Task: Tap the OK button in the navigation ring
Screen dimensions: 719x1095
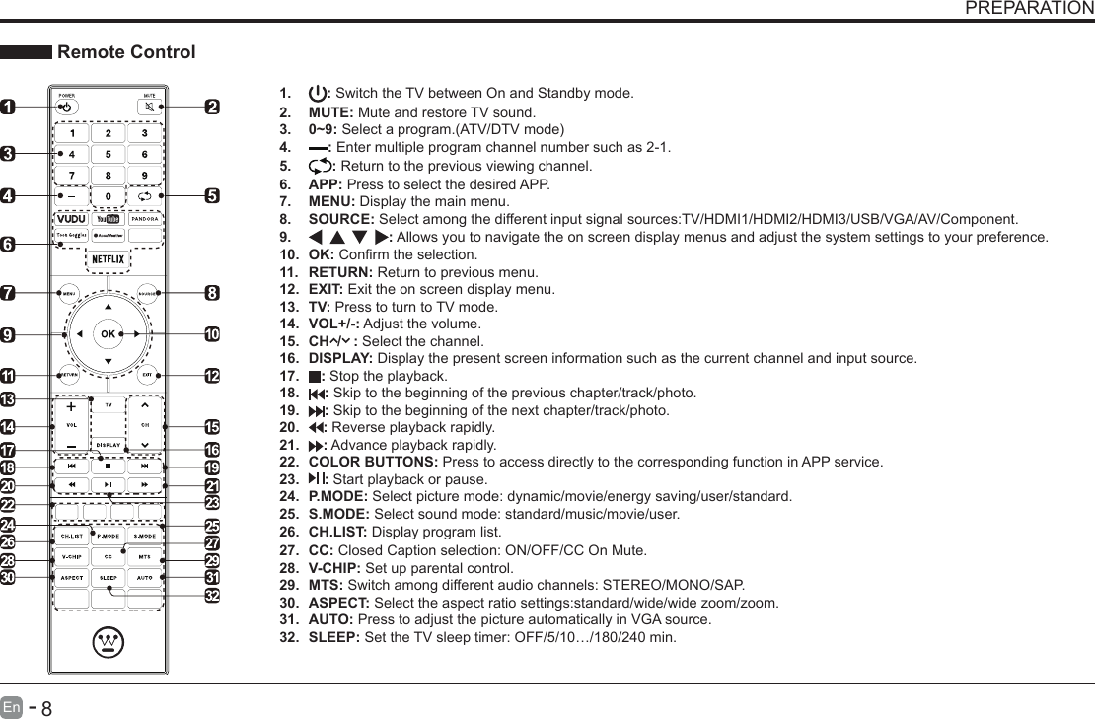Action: click(x=108, y=334)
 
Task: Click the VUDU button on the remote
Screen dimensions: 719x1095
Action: click(x=70, y=218)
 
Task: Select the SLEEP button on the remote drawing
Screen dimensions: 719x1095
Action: click(x=108, y=576)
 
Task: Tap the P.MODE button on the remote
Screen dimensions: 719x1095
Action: click(x=108, y=536)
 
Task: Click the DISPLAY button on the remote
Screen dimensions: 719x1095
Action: click(x=108, y=445)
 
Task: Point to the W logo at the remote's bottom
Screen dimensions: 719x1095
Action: click(x=108, y=643)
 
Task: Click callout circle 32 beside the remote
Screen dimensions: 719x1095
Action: click(x=211, y=596)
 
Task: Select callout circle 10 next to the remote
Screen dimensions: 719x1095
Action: click(x=211, y=334)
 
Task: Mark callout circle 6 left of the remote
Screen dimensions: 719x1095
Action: click(x=7, y=244)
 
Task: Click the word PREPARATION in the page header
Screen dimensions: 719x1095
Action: click(x=1028, y=9)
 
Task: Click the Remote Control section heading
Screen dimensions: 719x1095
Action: click(x=126, y=52)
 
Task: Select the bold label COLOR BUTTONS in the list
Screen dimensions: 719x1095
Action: click(x=374, y=462)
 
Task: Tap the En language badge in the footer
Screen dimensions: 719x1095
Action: click(x=11, y=706)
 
